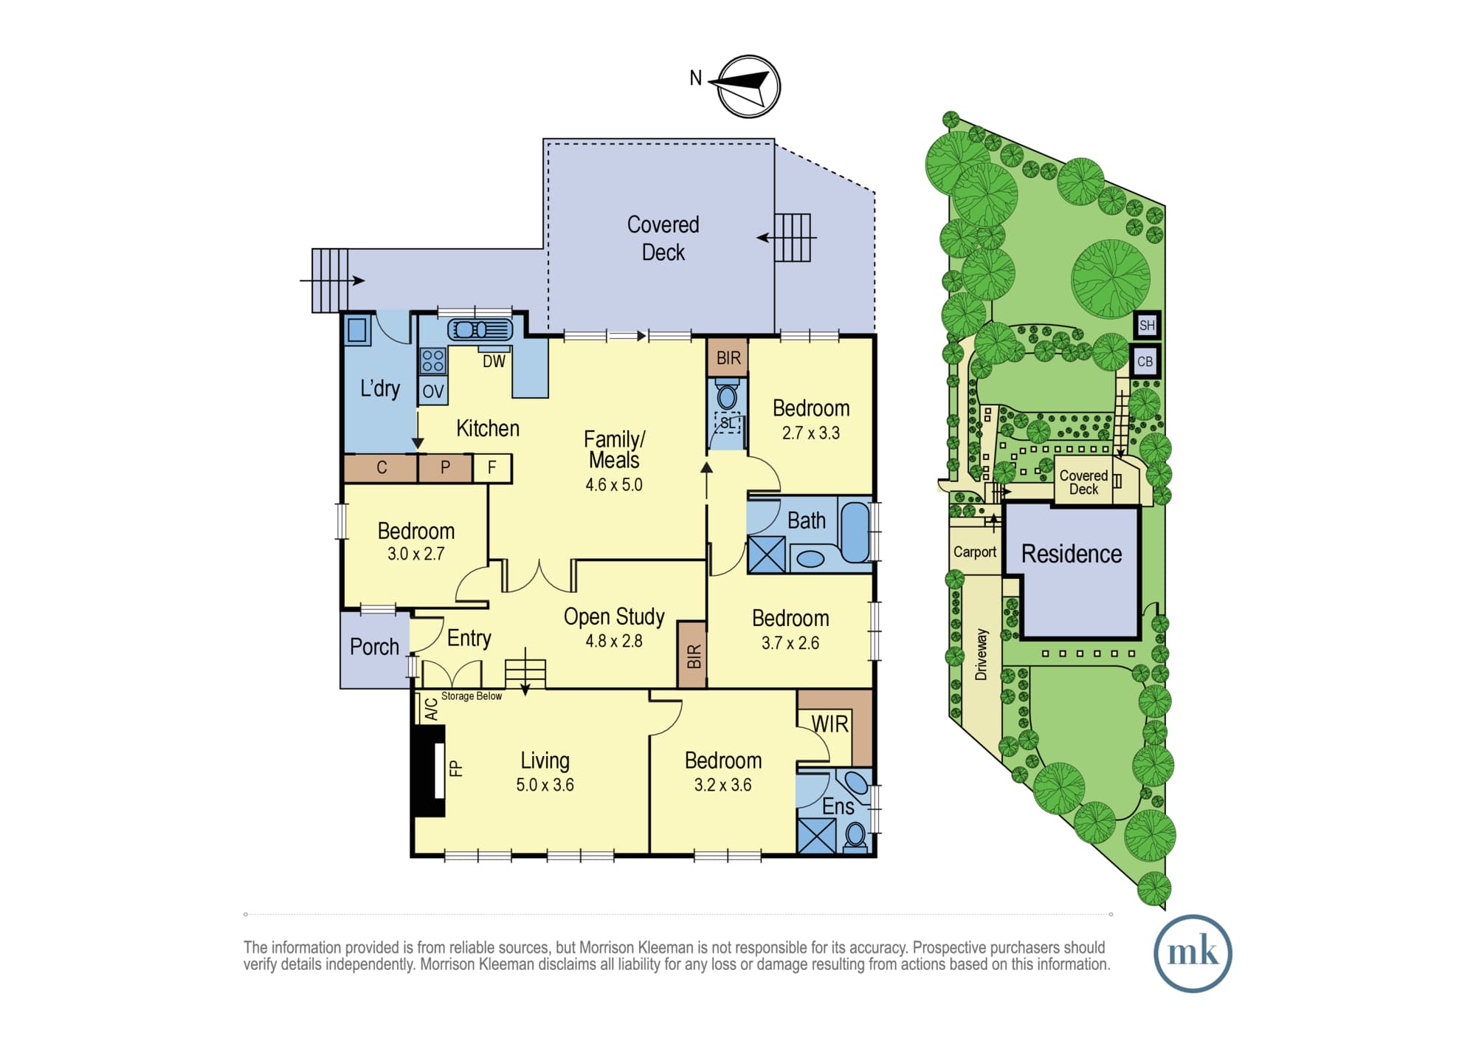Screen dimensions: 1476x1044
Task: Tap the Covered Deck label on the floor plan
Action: [663, 238]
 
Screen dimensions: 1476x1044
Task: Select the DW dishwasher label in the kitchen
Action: [494, 361]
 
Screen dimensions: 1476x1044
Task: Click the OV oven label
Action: [432, 391]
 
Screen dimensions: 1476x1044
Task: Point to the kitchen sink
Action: [480, 329]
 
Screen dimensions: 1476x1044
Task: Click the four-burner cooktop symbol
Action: [432, 361]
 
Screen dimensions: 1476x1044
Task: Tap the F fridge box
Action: [492, 467]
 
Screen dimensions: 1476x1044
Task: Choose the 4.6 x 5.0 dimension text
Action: [613, 485]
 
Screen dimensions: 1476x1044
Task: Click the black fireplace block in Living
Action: [429, 771]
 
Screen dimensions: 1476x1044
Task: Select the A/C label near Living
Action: [431, 710]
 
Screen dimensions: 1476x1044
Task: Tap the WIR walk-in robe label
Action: [830, 724]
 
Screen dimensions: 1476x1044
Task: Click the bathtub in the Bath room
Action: [855, 532]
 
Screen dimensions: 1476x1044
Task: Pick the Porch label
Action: [374, 647]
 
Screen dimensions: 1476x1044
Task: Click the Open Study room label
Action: [614, 617]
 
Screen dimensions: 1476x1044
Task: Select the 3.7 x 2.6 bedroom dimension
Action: [790, 643]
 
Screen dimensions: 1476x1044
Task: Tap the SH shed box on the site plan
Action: [1147, 325]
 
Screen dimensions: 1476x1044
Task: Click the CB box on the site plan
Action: [1145, 361]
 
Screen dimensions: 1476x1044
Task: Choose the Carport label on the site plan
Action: [974, 552]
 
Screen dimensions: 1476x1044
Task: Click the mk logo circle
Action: [1193, 953]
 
